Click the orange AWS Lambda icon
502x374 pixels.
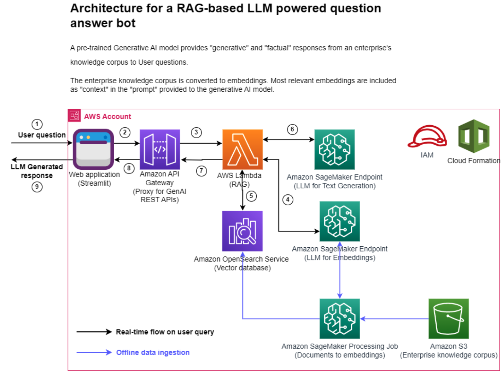[243, 150]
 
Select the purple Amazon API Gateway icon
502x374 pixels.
[160, 150]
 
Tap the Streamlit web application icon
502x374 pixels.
[93, 149]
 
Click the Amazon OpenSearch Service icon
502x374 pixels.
[243, 231]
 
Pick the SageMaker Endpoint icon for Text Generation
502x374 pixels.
[334, 150]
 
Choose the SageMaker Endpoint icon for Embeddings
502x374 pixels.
[339, 222]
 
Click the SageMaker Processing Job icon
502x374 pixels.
[339, 319]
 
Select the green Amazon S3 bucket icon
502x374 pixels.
[449, 319]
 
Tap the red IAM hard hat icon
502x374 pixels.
[427, 137]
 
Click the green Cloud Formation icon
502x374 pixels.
[474, 136]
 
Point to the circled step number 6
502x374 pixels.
[292, 129]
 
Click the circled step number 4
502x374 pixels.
[288, 200]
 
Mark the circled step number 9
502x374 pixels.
[37, 187]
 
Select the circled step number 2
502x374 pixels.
[124, 133]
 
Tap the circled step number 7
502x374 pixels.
[202, 171]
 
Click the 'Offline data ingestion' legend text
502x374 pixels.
[153, 352]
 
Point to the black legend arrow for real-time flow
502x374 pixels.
[94, 332]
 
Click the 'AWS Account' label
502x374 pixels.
[107, 116]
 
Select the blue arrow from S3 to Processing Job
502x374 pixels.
[394, 319]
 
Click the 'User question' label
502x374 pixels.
[42, 135]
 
